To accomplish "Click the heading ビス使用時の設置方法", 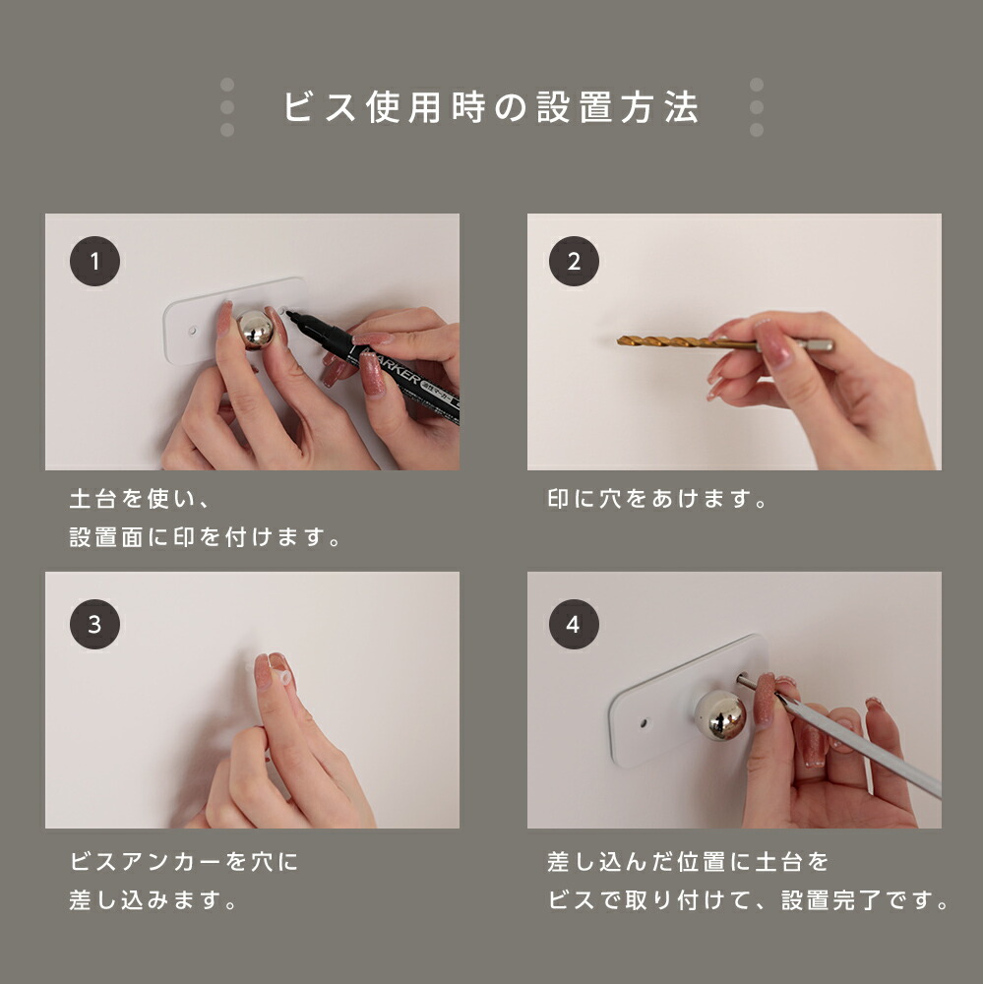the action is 491,106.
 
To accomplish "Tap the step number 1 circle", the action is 94,261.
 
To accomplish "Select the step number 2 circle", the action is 574,261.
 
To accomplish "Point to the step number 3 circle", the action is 94,624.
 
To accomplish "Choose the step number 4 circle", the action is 574,624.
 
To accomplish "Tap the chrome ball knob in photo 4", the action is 720,714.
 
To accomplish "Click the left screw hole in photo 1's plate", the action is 193,330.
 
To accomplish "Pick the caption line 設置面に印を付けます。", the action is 205,537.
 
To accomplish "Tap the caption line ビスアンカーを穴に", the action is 184,862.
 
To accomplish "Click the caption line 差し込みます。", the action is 153,900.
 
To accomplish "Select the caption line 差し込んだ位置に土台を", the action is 688,862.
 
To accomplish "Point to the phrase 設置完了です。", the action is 865,900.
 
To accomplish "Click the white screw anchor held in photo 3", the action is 281,678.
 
